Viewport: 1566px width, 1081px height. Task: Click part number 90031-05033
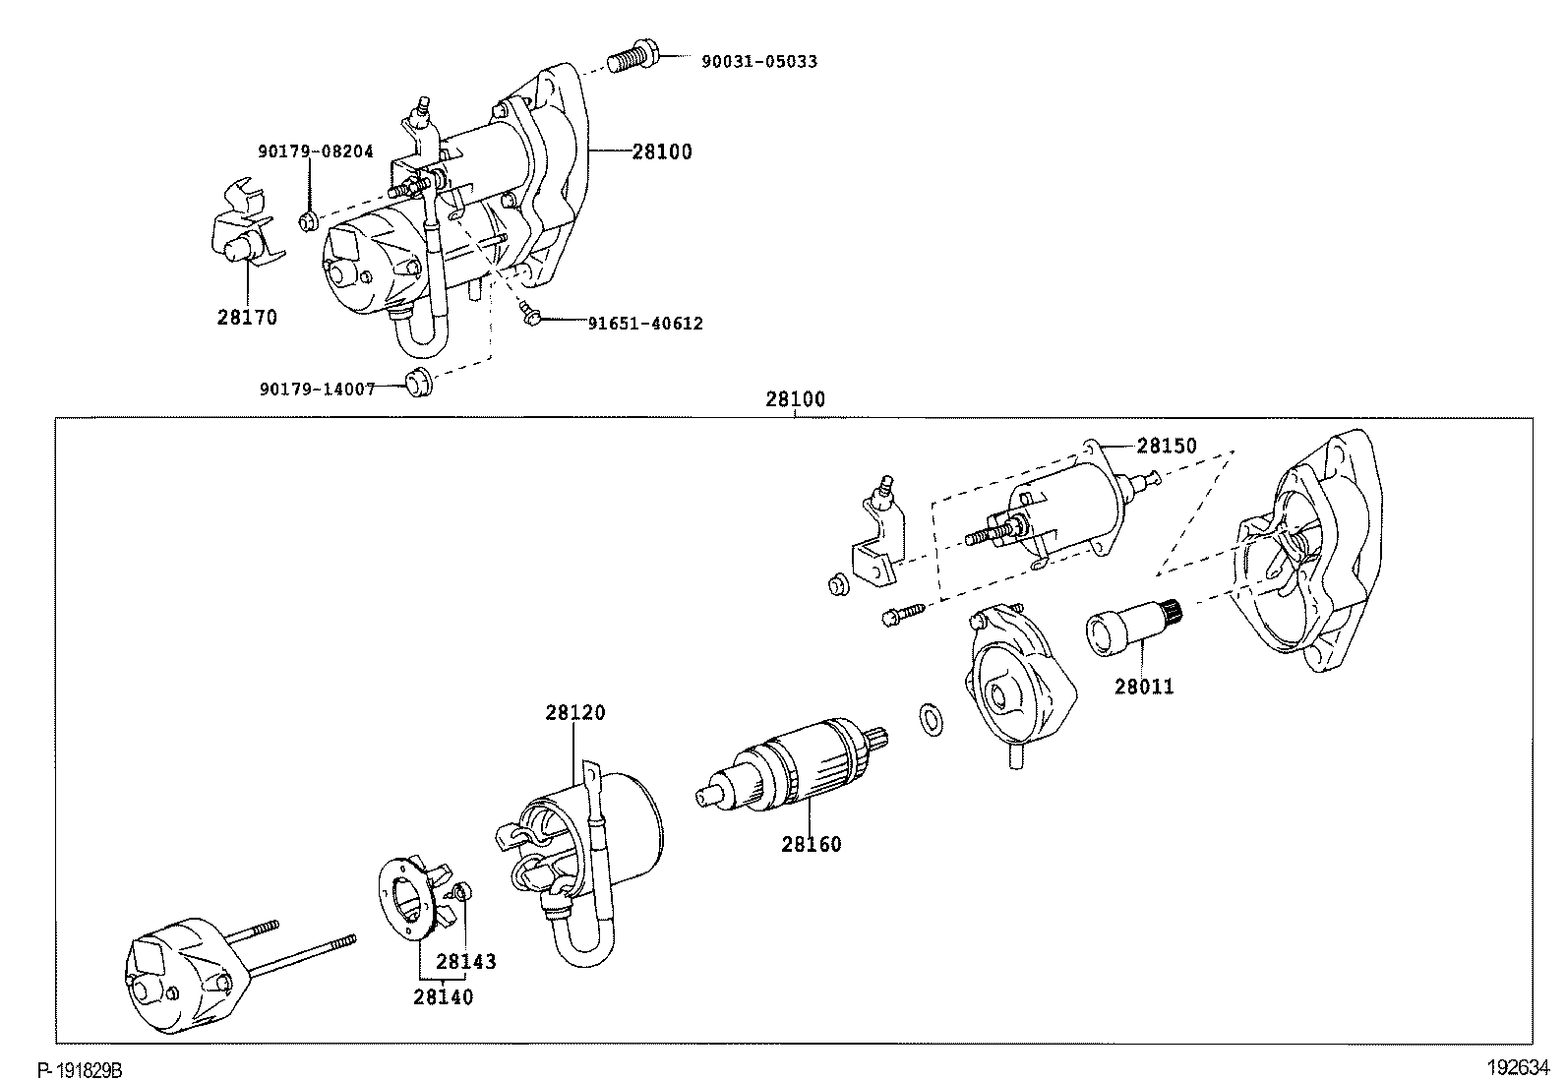point(758,61)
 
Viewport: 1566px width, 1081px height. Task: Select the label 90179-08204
point(316,151)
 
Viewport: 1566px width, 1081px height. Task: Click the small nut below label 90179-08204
point(308,221)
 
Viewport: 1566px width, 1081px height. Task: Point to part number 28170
point(247,318)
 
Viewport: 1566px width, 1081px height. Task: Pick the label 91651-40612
point(645,324)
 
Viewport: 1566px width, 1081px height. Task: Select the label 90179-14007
point(318,389)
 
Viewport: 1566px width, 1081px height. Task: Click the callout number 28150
point(1167,446)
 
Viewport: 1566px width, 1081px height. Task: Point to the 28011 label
point(1144,687)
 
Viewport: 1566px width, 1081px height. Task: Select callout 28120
point(575,712)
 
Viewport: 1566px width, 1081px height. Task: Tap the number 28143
point(466,962)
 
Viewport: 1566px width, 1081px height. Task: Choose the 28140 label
point(443,997)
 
